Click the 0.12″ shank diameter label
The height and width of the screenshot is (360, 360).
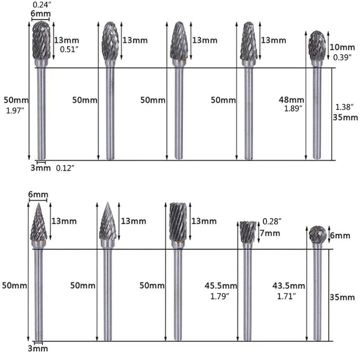(x=65, y=168)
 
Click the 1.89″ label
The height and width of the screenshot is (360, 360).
(x=293, y=108)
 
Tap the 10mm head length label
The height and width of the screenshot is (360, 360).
(x=342, y=47)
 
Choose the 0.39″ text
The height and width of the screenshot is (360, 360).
(x=342, y=57)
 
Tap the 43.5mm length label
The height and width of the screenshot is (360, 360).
(x=289, y=286)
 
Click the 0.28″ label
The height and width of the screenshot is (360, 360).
(x=273, y=221)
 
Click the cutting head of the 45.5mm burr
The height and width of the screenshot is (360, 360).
(x=247, y=232)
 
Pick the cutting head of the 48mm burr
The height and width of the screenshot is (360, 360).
(x=318, y=46)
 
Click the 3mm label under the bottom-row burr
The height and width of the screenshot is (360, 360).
(x=37, y=349)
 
